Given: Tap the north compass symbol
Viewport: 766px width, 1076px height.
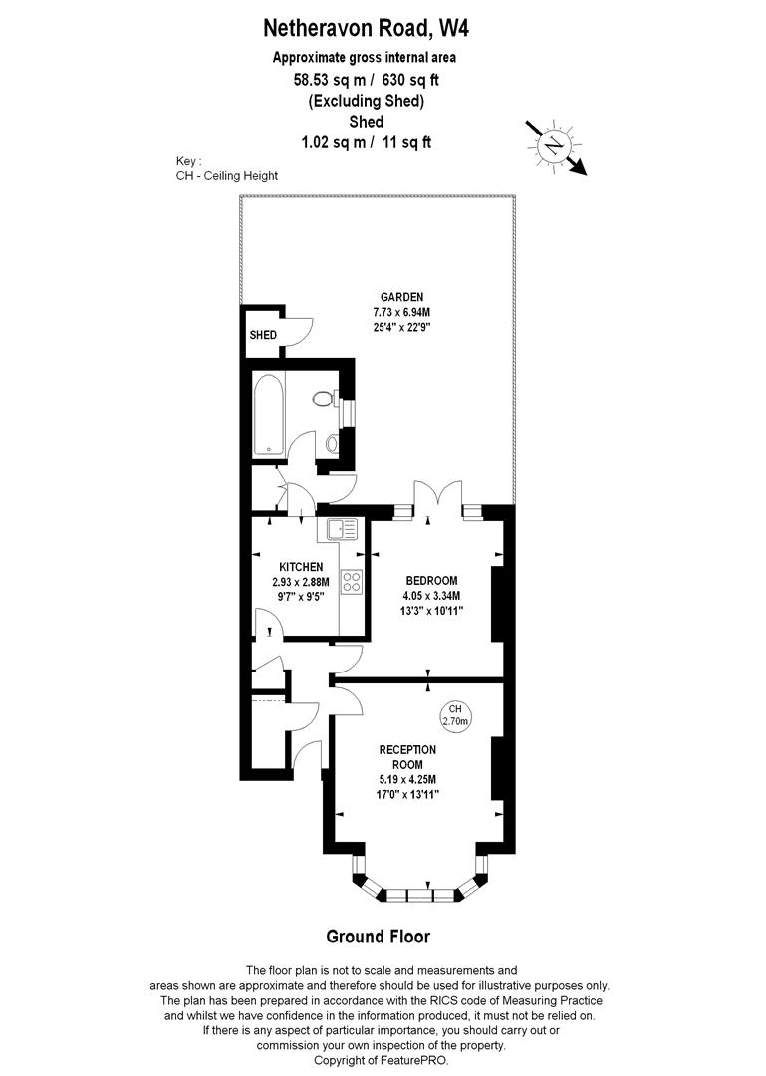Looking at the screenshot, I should (553, 146).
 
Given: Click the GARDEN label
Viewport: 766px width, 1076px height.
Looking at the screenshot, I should (401, 296).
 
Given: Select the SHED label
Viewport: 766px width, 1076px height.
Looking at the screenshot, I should (263, 335).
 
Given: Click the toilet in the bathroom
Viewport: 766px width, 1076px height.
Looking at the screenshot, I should (323, 399).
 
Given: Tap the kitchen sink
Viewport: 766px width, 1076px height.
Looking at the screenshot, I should (337, 530).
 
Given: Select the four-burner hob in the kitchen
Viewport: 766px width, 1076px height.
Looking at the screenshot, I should (352, 582).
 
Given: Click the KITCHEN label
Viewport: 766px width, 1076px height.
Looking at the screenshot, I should (301, 567).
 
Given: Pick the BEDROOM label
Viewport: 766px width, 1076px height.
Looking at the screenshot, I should (430, 581).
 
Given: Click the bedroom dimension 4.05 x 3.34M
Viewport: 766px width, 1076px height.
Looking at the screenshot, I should (430, 596).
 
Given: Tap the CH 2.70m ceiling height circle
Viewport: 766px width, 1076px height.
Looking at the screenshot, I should (455, 714).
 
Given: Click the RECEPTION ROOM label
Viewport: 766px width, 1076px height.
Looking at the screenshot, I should (406, 757).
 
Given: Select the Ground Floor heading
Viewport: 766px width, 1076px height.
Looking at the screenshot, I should (379, 936).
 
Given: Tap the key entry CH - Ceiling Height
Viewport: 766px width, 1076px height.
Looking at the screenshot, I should (226, 175).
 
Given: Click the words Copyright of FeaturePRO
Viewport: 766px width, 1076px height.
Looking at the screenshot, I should (382, 1061).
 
